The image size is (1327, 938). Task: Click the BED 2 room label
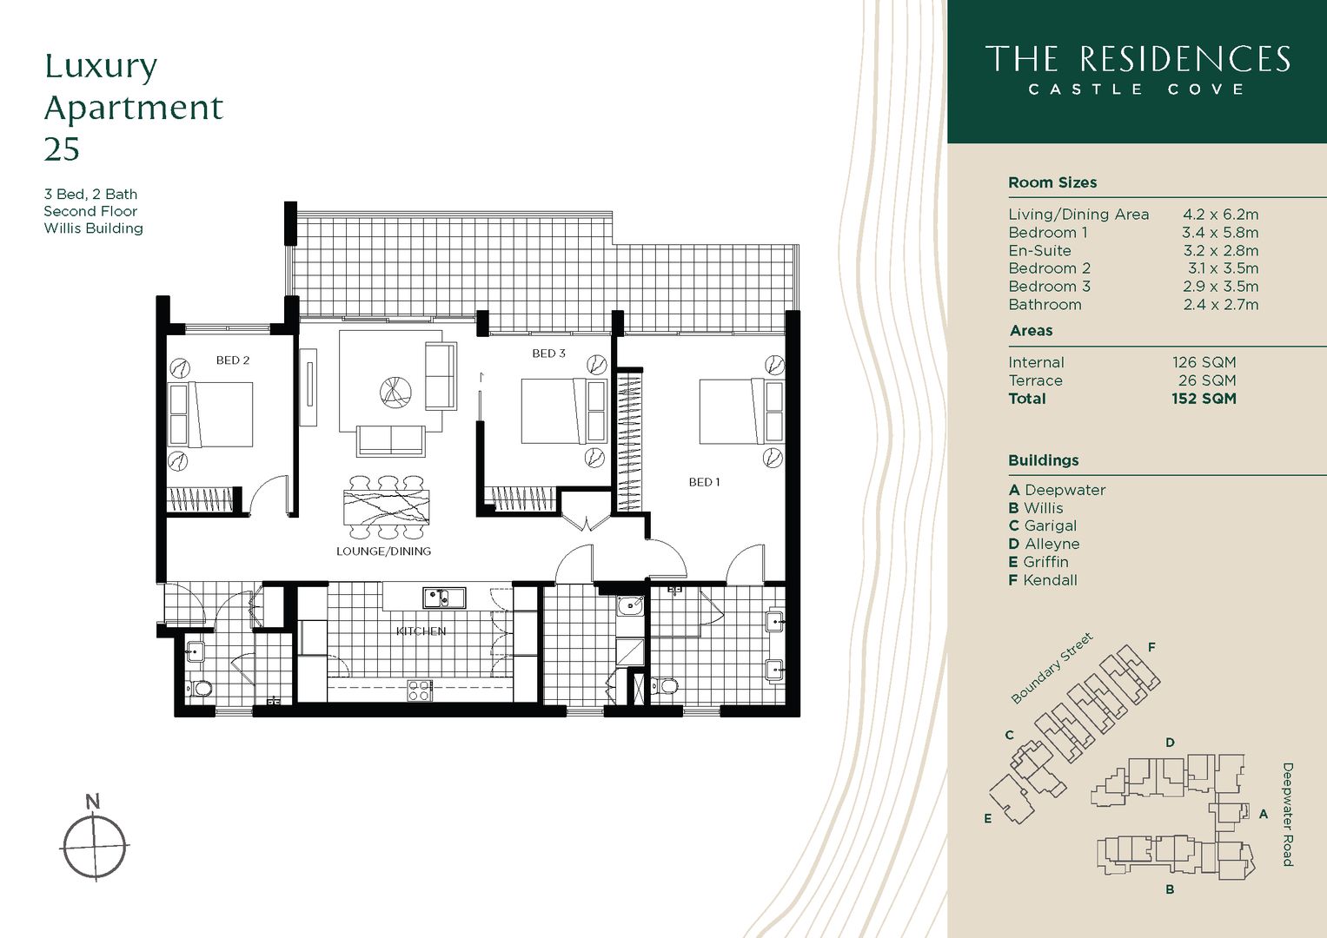(233, 360)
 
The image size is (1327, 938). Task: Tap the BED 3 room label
(548, 353)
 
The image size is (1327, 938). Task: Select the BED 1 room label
(704, 482)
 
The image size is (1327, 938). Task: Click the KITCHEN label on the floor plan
(421, 631)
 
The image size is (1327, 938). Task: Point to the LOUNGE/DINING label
(383, 552)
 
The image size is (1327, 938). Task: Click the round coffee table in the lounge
(395, 392)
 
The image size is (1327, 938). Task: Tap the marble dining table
(387, 507)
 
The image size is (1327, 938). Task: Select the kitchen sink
(444, 598)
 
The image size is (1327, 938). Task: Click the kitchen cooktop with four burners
(420, 690)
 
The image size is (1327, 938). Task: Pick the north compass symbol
(94, 844)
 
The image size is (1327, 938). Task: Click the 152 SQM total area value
(1204, 399)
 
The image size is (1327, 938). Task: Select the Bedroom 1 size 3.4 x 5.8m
(1219, 233)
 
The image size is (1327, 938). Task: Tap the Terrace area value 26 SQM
(1206, 380)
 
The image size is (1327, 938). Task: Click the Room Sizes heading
(1052, 182)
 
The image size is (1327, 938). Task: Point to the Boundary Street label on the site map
(1052, 669)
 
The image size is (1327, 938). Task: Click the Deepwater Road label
(1287, 814)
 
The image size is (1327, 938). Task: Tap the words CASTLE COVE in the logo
(1137, 89)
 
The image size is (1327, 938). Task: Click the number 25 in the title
(62, 149)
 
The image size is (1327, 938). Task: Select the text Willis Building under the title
(94, 228)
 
